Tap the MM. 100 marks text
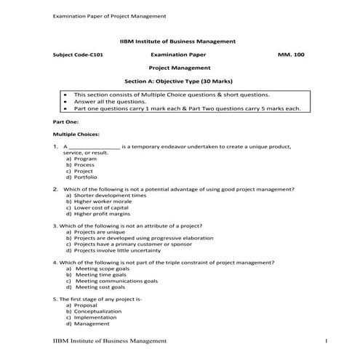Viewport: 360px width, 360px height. (x=291, y=55)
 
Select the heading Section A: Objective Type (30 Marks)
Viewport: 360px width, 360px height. (x=179, y=80)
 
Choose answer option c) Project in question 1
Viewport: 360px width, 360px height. (x=81, y=171)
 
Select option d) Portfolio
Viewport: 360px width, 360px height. (x=82, y=177)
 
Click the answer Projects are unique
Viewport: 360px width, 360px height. (x=104, y=232)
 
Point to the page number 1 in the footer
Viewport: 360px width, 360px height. (x=327, y=341)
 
